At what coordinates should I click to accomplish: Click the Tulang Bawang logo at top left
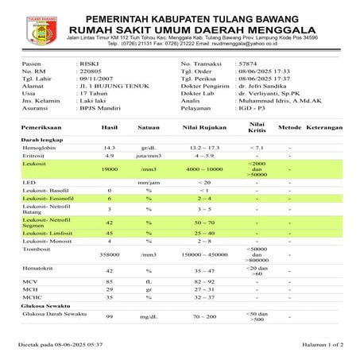(x=29, y=25)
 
